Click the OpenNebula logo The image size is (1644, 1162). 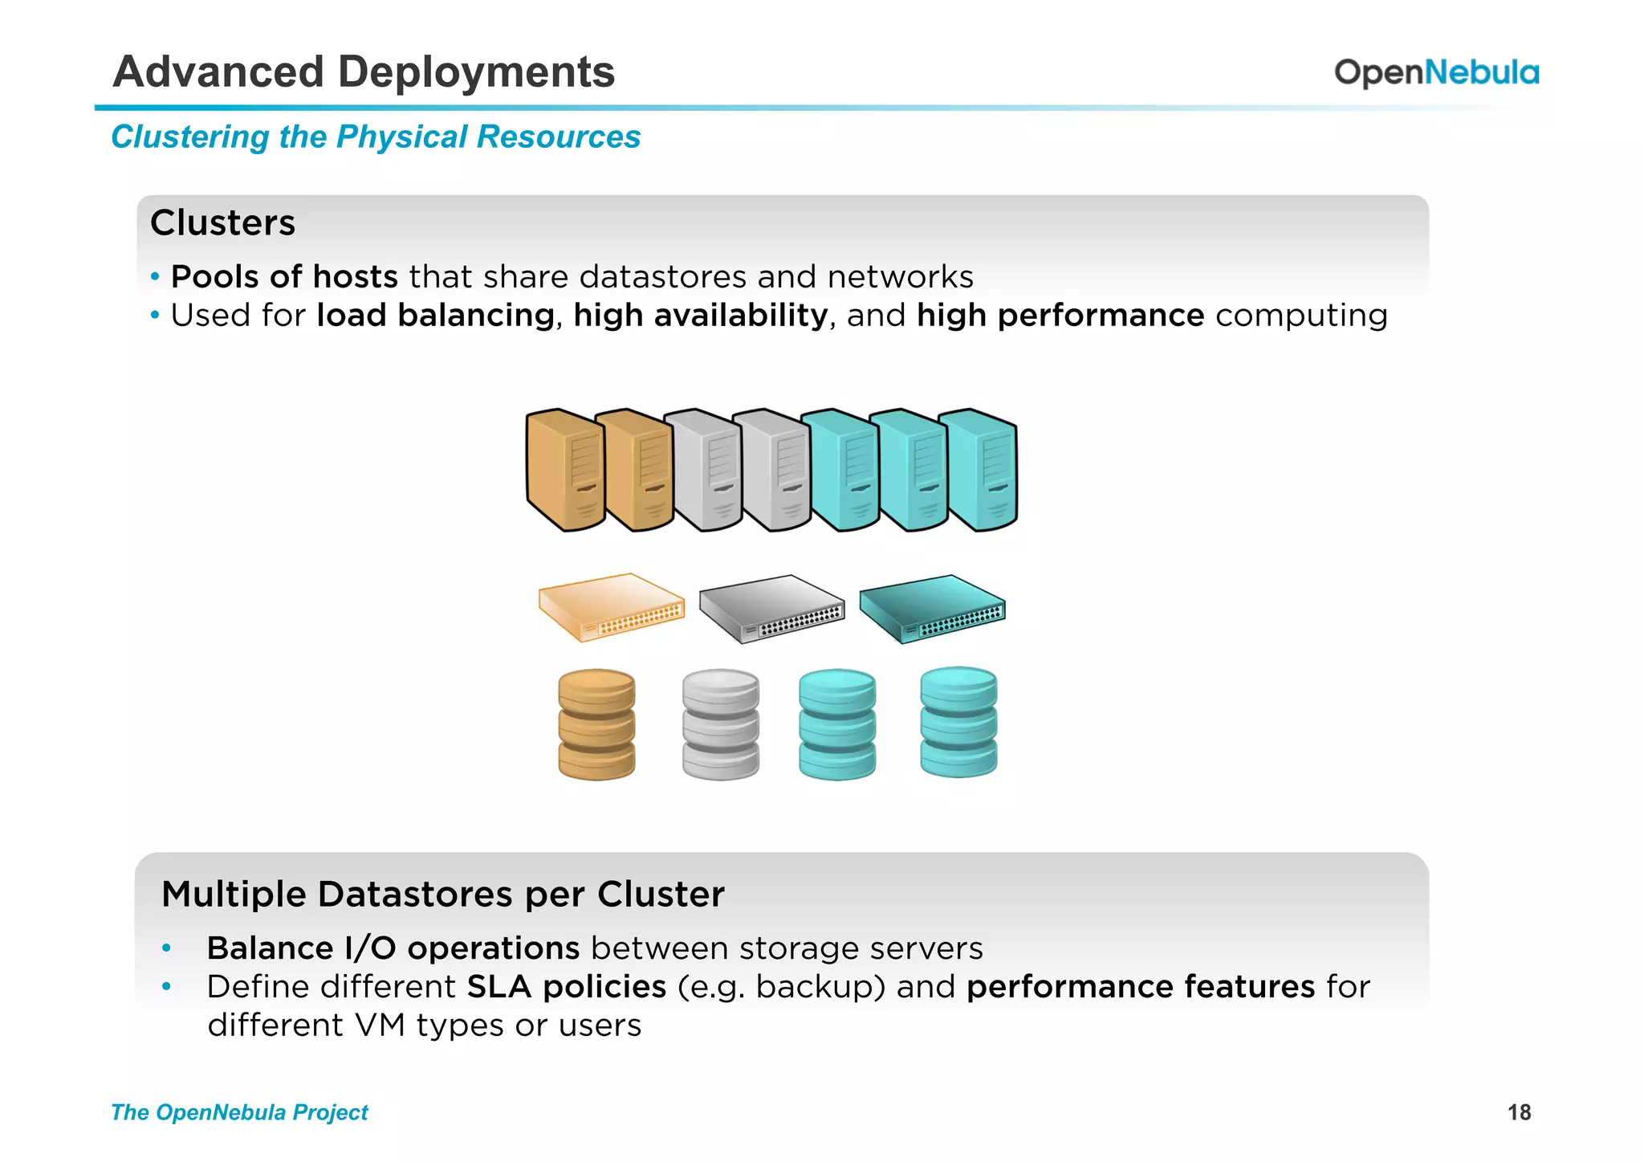(1436, 72)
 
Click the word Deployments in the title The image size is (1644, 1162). (476, 72)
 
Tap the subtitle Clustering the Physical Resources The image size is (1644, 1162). (376, 137)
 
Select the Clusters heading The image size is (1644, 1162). (222, 222)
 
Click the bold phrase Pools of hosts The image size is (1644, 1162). (284, 276)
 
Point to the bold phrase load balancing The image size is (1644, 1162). (435, 315)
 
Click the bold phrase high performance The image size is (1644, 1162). (1060, 315)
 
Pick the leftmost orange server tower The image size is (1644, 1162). (564, 470)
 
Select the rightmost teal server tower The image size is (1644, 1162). (981, 470)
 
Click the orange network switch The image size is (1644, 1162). (611, 607)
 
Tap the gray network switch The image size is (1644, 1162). (771, 609)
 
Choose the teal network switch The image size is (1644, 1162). (932, 609)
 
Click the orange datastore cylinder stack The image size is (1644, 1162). (596, 724)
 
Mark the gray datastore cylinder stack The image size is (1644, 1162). (720, 724)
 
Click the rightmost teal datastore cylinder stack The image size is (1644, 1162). (958, 723)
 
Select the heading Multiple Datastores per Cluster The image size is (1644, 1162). (442, 894)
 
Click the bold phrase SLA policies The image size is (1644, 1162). (566, 986)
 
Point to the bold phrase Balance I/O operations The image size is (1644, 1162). (393, 948)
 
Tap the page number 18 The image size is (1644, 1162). (1519, 1112)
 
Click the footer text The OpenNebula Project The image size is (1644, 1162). (239, 1112)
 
